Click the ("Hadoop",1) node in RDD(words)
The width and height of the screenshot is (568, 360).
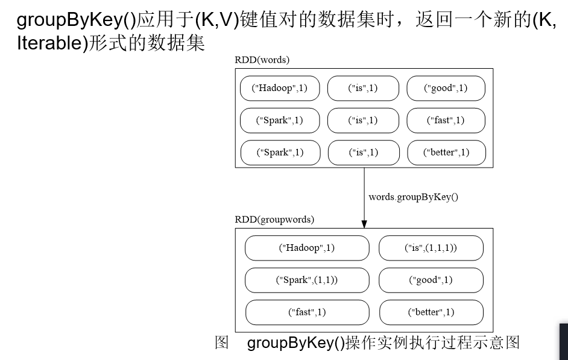coord(279,88)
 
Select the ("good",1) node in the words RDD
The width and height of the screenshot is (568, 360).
coord(446,88)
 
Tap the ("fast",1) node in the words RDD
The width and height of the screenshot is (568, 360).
coord(446,120)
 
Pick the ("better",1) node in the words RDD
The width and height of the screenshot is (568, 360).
coord(446,152)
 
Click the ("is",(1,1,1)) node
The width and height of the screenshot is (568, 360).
coord(431,248)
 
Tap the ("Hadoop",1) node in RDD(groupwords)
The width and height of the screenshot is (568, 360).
coord(307,248)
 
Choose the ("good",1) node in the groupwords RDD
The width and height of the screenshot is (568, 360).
coord(431,280)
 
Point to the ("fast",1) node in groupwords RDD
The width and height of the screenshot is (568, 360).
coord(307,312)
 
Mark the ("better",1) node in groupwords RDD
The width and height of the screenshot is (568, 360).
coord(431,312)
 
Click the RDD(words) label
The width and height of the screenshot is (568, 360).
coord(262,60)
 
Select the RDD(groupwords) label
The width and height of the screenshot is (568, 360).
coord(274,220)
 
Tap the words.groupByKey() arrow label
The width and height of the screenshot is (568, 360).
coord(413,197)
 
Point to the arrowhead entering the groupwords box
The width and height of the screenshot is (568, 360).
coord(364,224)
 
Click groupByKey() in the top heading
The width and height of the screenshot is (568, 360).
coord(76,20)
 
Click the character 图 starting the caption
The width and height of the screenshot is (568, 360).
coord(222,343)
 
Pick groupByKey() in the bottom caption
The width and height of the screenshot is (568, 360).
coord(295,343)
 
